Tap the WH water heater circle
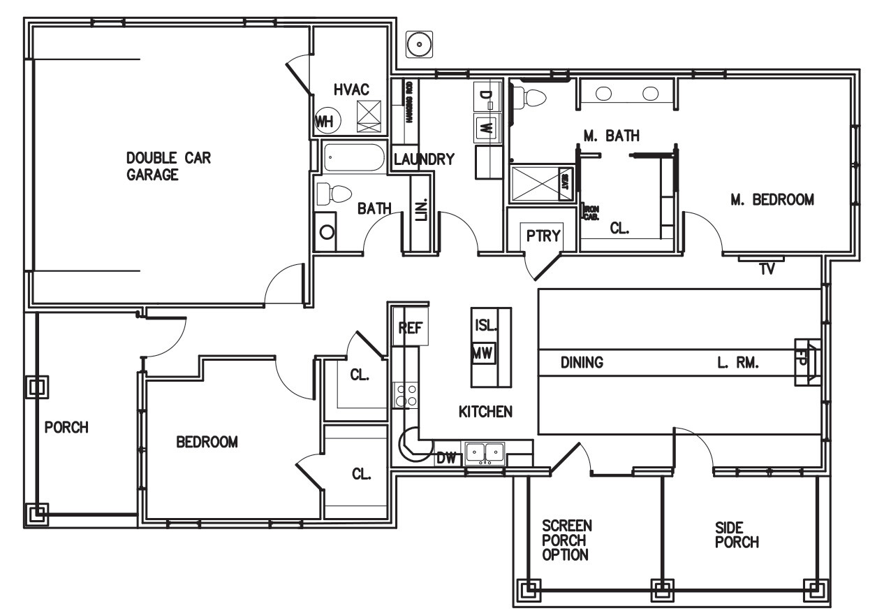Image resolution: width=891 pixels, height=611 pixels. point(325,122)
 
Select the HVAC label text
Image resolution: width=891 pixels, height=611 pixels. point(351,90)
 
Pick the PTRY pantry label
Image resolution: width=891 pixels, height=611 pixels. point(543,236)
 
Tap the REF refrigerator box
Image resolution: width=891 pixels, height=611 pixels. point(410,327)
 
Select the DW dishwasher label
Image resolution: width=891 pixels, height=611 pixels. point(445,459)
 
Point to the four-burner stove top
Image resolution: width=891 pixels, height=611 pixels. point(406,395)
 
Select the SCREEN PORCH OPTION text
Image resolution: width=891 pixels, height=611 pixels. point(566,540)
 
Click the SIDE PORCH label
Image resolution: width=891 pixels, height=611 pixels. point(737,535)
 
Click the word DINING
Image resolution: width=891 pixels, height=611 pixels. point(582,363)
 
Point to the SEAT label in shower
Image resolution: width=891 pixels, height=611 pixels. point(564,182)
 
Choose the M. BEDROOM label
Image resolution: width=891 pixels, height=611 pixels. point(772,200)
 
